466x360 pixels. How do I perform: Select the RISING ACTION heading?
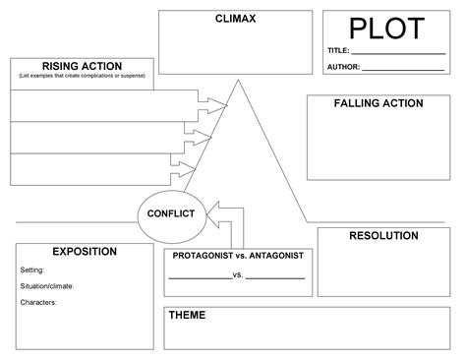click(x=82, y=66)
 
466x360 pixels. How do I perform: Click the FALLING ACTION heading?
click(x=378, y=103)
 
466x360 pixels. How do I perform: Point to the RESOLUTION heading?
click(x=383, y=236)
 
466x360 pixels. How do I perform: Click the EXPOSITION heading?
click(x=84, y=252)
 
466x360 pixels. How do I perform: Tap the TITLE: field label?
click(x=338, y=50)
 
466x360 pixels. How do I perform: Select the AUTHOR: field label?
click(x=343, y=68)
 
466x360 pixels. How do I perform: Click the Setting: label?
click(x=32, y=270)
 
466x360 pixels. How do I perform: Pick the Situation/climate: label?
click(x=47, y=286)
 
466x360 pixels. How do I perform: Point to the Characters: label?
click(x=38, y=303)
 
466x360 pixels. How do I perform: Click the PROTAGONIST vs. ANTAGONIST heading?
click(x=238, y=256)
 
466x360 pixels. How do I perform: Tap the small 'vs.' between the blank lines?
click(x=238, y=275)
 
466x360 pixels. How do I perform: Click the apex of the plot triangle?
click(x=236, y=80)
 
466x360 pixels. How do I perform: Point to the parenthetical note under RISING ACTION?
click(x=82, y=76)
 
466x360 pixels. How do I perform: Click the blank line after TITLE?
click(x=398, y=52)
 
